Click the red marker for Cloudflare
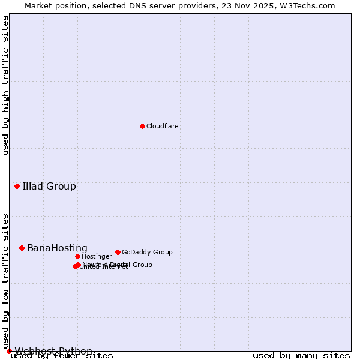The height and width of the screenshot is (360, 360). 142,126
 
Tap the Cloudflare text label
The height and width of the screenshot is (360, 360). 163,127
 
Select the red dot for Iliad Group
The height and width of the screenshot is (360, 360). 17,186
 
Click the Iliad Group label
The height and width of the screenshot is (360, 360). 49,187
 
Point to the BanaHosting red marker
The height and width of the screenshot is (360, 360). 22,248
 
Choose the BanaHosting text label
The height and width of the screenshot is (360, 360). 57,248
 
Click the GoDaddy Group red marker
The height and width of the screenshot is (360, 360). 118,252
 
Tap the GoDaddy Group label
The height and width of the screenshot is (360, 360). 147,253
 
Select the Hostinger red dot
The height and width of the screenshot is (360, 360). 77,256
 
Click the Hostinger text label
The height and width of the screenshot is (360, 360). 97,257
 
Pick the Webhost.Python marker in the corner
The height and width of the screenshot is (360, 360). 9,351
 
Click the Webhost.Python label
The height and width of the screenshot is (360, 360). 53,351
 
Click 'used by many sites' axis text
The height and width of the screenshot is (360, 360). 301,356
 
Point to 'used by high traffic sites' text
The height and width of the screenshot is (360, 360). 6,85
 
